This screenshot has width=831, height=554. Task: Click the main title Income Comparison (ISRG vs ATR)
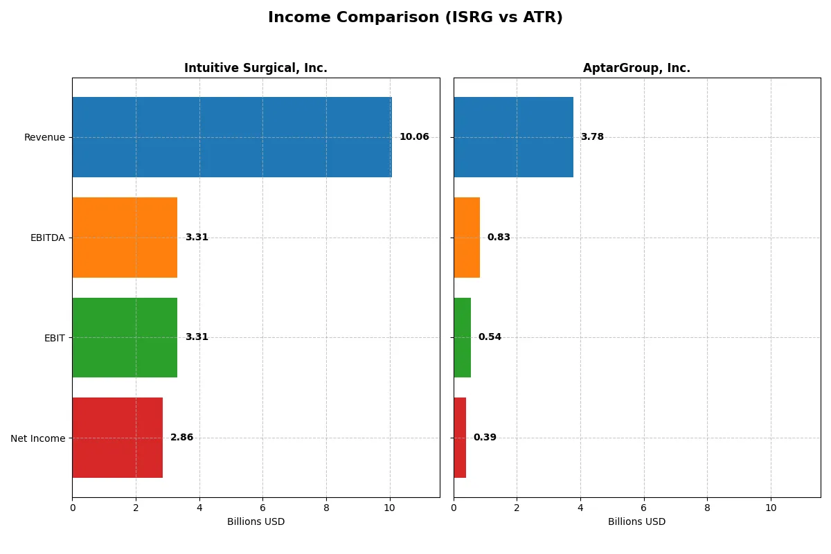coord(415,18)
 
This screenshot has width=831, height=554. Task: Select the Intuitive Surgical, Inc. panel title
coord(256,68)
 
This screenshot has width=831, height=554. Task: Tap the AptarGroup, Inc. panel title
coord(636,68)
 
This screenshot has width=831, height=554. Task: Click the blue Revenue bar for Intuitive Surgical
coord(231,137)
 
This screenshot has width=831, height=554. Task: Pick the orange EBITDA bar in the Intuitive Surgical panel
coord(125,238)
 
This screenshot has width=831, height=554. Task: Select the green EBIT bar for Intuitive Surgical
coord(125,337)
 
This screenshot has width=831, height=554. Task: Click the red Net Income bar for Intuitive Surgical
coord(117,438)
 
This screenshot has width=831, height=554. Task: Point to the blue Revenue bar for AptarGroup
coord(513,137)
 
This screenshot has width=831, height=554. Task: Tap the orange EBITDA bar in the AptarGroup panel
coord(467,238)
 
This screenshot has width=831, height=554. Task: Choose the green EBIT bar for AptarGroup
coord(462,337)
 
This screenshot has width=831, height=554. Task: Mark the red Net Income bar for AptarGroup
coord(460,438)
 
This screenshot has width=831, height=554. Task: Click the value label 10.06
coord(414,137)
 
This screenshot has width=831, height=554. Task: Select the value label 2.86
coord(181,438)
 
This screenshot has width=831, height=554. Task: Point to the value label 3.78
coord(592,137)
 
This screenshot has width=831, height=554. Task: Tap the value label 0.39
coord(485,438)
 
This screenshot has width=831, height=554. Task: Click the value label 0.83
coord(499,238)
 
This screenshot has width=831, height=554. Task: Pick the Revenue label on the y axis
coord(44,137)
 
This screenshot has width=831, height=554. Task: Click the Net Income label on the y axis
coord(37,438)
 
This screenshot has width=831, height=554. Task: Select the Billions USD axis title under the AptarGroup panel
coord(636,522)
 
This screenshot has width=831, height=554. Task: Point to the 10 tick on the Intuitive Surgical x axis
coord(389,508)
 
